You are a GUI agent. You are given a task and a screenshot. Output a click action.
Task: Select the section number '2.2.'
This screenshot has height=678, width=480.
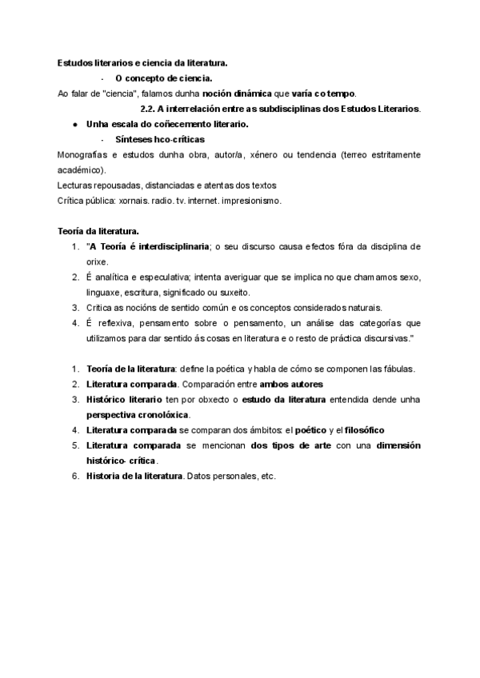[147, 108]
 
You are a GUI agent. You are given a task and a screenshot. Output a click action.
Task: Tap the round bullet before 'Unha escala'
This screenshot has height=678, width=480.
[74, 124]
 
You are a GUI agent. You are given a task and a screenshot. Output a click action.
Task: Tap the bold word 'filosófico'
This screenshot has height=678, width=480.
[364, 429]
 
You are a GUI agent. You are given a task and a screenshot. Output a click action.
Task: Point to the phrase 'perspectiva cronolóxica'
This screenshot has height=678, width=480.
[138, 415]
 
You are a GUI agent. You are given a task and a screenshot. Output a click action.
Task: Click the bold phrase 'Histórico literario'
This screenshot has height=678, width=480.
[124, 399]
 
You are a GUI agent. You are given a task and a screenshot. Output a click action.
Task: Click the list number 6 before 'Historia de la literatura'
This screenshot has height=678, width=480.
[75, 476]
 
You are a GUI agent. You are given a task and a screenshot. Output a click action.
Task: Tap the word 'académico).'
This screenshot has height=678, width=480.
[82, 169]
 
